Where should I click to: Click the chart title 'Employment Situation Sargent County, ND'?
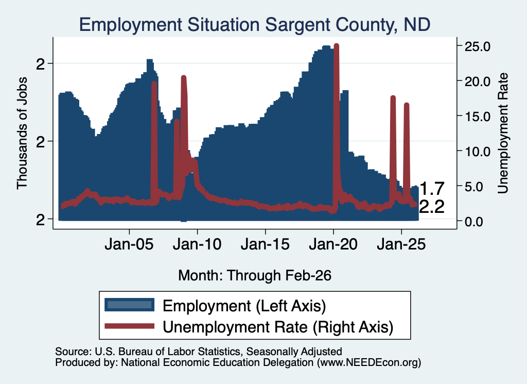click(255, 25)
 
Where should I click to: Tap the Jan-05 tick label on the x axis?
click(129, 244)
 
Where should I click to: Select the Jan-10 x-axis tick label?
click(197, 244)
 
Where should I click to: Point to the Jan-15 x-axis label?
click(265, 244)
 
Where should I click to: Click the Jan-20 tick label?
click(333, 244)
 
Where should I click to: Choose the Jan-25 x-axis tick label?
click(401, 244)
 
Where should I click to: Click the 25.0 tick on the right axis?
click(477, 46)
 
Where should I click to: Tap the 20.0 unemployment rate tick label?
click(477, 81)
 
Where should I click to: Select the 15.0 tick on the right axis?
click(477, 116)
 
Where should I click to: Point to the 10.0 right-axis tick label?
click(477, 152)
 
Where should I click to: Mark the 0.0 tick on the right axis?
click(474, 222)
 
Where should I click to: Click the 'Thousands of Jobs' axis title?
click(22, 133)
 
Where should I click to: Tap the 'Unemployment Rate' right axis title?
click(502, 133)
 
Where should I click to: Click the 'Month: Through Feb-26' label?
click(255, 275)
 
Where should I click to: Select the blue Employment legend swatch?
click(129, 305)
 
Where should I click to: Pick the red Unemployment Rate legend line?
click(129, 326)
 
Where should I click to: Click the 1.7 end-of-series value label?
click(432, 189)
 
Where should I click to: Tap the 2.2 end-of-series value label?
click(432, 207)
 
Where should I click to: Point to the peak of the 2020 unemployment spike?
click(337, 45)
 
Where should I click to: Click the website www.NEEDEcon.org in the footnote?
click(368, 362)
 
